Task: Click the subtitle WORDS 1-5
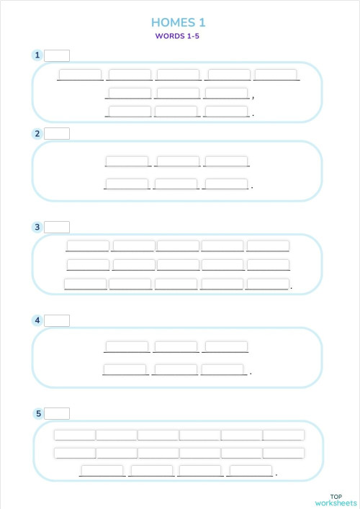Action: click(x=176, y=36)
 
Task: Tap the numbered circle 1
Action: click(x=37, y=55)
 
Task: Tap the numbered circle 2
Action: click(x=37, y=133)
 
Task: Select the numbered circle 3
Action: click(x=37, y=227)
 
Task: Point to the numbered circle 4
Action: click(x=37, y=320)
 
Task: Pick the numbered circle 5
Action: click(x=37, y=413)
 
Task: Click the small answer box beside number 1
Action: click(x=57, y=55)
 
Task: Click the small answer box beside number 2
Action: click(x=57, y=133)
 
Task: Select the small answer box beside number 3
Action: click(x=57, y=227)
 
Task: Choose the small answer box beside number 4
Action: click(x=57, y=320)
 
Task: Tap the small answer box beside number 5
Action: click(x=57, y=413)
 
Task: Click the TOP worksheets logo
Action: click(x=336, y=500)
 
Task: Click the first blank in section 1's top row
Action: click(x=80, y=74)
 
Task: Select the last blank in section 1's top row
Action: click(x=276, y=74)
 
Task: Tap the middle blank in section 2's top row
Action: click(x=177, y=161)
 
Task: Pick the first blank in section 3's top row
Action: click(x=88, y=246)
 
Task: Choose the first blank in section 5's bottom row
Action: click(x=102, y=470)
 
